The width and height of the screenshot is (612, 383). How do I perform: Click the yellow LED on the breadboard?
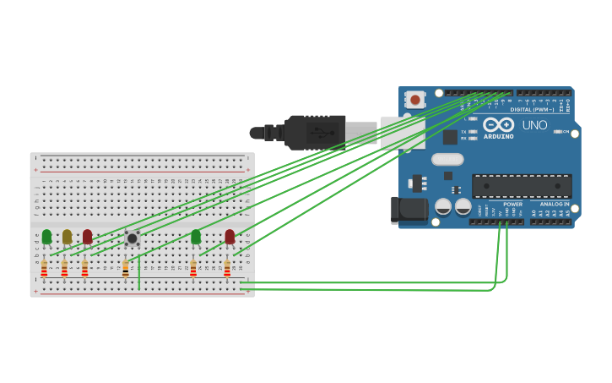pos(67,237)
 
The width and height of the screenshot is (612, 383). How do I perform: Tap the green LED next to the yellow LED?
pos(46,237)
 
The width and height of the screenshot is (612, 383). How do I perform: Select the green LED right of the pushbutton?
pos(196,237)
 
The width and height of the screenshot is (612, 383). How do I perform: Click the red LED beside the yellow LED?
pos(87,237)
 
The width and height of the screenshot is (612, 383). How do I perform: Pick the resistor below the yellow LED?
pos(64,268)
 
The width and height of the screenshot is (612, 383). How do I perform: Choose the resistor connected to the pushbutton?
pos(126,269)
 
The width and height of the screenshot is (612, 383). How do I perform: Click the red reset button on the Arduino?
pos(414,99)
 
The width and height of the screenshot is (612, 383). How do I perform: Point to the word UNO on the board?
pos(534,125)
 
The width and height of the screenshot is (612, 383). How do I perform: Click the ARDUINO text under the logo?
pos(498,136)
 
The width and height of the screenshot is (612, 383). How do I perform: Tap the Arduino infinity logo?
pos(498,124)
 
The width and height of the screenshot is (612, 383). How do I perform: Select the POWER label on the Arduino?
pos(512,204)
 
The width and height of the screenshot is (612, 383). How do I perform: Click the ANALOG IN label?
pos(555,204)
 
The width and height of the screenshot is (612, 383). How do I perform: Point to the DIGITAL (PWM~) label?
pos(532,109)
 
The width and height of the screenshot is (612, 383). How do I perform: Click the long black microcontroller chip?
pos(522,186)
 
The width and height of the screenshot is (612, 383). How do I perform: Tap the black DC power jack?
pos(409,210)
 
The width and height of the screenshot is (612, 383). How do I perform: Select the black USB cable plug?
pos(315,133)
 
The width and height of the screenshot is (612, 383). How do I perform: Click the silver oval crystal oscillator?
pos(447,159)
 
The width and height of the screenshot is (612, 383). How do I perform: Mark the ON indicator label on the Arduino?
pos(565,131)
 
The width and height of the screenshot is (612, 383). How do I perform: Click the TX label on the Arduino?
pos(463,132)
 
